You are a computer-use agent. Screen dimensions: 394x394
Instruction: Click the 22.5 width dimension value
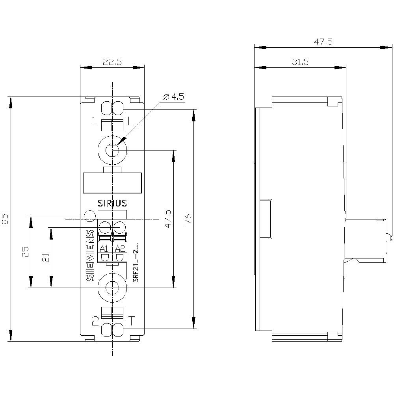pyautogui.click(x=112, y=61)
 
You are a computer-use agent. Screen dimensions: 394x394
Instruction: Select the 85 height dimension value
pyautogui.click(x=5, y=219)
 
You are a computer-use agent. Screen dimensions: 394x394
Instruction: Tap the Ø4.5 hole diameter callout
pyautogui.click(x=173, y=97)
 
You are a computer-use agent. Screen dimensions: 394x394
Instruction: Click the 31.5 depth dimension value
pyautogui.click(x=300, y=61)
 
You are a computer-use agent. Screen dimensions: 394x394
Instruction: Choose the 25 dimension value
pyautogui.click(x=24, y=252)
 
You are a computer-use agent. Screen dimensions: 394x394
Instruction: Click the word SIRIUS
pyautogui.click(x=112, y=203)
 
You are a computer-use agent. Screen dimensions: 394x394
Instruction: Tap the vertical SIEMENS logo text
pyautogui.click(x=90, y=256)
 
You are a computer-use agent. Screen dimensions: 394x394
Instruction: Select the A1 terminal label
pyautogui.click(x=104, y=249)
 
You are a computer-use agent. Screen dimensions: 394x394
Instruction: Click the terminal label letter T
pyautogui.click(x=131, y=320)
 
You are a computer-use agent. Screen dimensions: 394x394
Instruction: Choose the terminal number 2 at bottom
pyautogui.click(x=95, y=321)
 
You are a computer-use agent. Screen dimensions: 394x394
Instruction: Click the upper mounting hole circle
pyautogui.click(x=112, y=150)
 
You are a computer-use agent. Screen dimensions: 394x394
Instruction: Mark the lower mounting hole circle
pyautogui.click(x=112, y=288)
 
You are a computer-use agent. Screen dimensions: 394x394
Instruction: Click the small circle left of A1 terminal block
pyautogui.click(x=90, y=216)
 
